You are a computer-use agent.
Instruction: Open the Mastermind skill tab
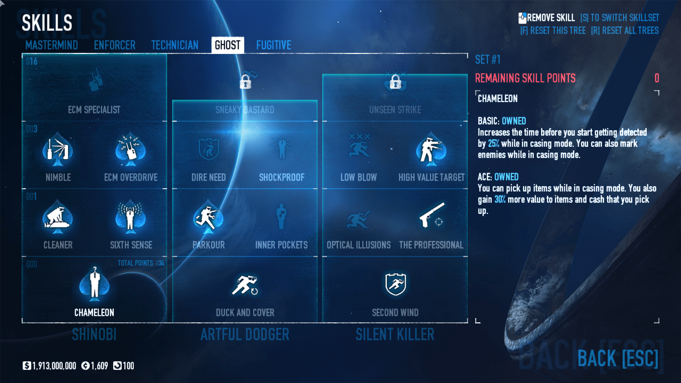click(51, 45)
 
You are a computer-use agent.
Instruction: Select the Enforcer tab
click(115, 45)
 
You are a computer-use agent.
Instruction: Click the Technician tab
click(175, 45)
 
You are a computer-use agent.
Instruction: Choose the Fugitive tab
click(274, 45)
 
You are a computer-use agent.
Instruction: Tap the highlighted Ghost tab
click(227, 45)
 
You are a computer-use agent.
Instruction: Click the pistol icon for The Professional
click(432, 215)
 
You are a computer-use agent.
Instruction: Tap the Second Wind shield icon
click(395, 284)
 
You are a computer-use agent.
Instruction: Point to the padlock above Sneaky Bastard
click(245, 82)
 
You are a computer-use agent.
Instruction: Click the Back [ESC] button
click(618, 358)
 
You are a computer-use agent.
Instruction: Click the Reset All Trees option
click(625, 31)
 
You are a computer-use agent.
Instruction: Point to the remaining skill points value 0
click(657, 78)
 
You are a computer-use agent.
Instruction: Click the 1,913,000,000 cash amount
click(54, 366)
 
